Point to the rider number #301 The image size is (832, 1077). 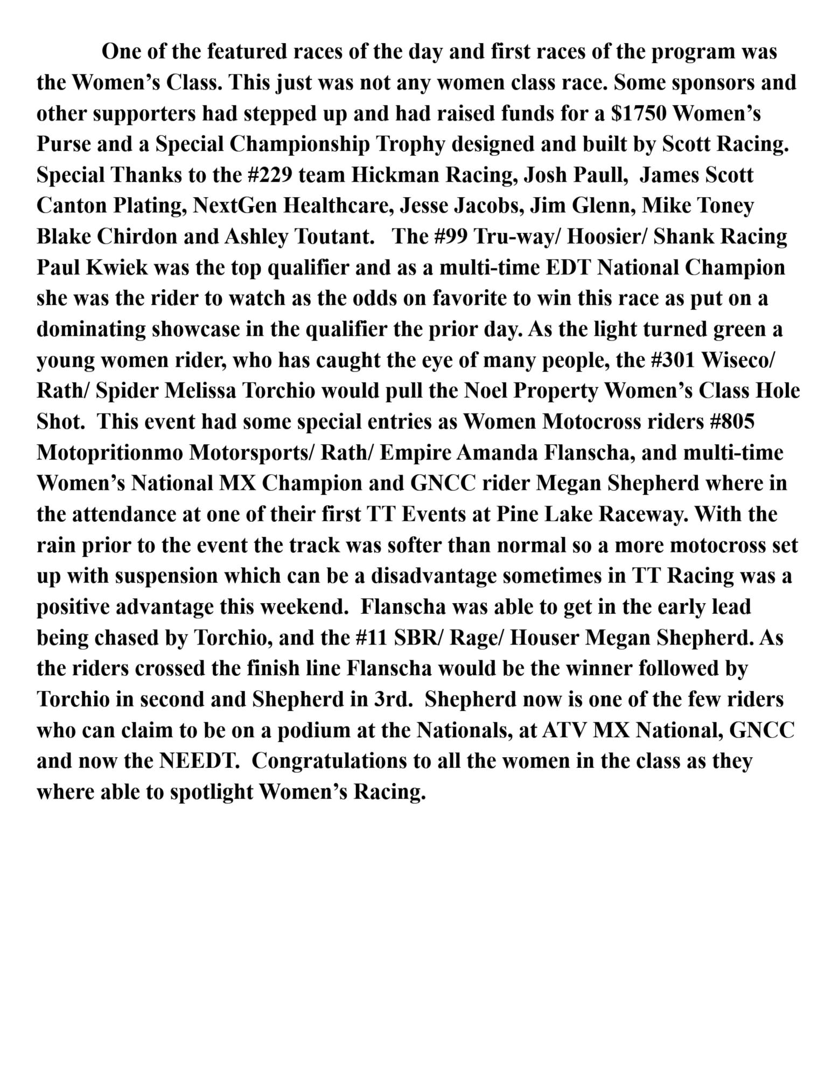click(x=673, y=360)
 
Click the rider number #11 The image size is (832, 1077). click(x=372, y=638)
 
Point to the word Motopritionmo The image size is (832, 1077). click(x=110, y=453)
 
